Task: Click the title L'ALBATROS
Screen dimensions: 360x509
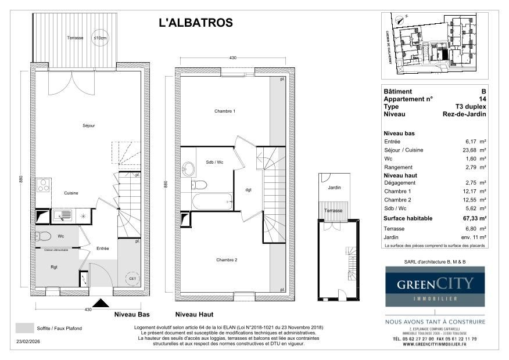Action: [x=196, y=23]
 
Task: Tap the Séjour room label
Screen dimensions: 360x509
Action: [x=89, y=125]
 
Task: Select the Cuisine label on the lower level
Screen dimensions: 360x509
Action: [x=71, y=193]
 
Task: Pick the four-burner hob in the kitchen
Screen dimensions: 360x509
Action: [x=42, y=186]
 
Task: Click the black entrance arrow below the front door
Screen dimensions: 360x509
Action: [x=102, y=303]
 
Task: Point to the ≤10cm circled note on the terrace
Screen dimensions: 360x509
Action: [x=101, y=38]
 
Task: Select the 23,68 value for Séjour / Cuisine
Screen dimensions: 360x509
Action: [x=471, y=150]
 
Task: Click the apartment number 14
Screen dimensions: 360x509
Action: [x=482, y=99]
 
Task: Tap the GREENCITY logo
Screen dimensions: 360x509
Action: [x=435, y=286]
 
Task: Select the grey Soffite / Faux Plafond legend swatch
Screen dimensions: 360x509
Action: [x=24, y=328]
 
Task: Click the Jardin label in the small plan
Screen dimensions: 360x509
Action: [x=334, y=188]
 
